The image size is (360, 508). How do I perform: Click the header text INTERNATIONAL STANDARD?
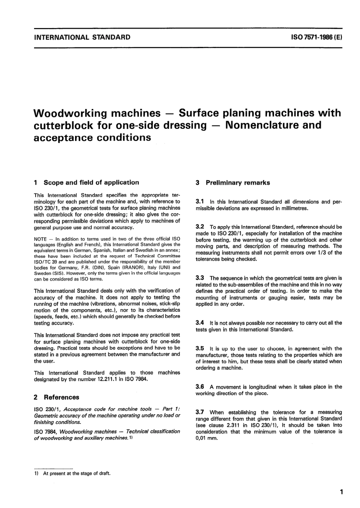[x=82, y=37]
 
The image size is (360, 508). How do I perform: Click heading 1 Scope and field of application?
[x=86, y=183]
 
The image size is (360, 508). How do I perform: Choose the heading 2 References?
[x=56, y=397]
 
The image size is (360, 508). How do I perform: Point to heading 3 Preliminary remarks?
[x=233, y=183]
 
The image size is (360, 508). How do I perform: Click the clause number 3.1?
[x=200, y=202]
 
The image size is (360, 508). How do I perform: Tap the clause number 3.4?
[x=200, y=323]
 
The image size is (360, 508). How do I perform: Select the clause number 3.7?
[x=200, y=412]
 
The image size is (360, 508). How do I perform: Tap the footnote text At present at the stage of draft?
[x=77, y=473]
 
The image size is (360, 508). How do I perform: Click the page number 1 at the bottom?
[x=341, y=492]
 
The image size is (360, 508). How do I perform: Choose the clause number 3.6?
[x=200, y=387]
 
